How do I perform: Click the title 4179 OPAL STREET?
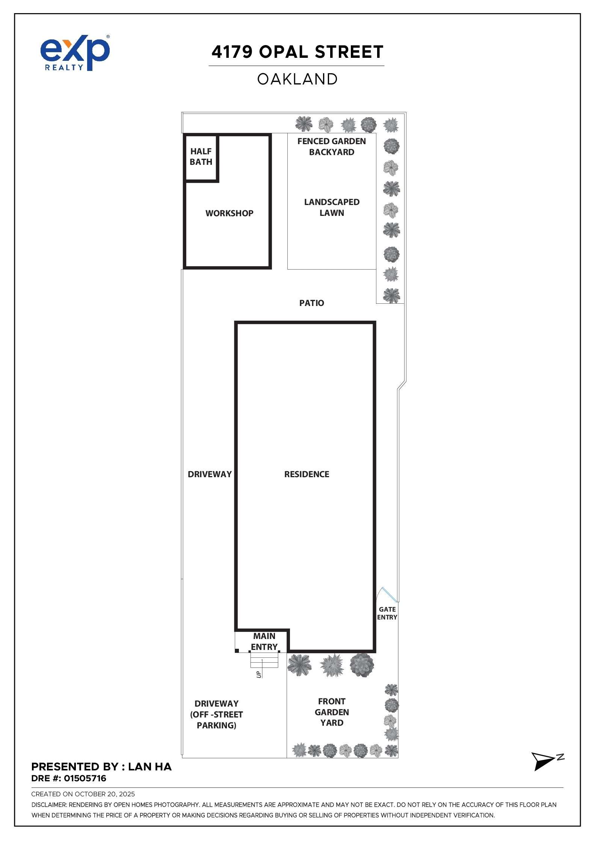(297, 52)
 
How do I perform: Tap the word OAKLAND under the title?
(297, 79)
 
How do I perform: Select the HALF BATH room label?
(201, 157)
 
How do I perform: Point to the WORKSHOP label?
(229, 213)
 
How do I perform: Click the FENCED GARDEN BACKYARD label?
(331, 147)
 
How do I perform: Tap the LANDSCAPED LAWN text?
(331, 207)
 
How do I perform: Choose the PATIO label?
(311, 303)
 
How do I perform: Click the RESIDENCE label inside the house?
(307, 474)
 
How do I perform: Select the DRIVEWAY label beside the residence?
(210, 474)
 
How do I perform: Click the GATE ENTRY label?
(387, 613)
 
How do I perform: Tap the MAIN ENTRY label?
(264, 641)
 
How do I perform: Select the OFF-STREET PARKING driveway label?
(216, 714)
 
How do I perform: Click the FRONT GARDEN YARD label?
(331, 712)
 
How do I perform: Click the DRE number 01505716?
(85, 778)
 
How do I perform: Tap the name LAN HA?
(150, 767)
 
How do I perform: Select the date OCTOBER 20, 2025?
(105, 794)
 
